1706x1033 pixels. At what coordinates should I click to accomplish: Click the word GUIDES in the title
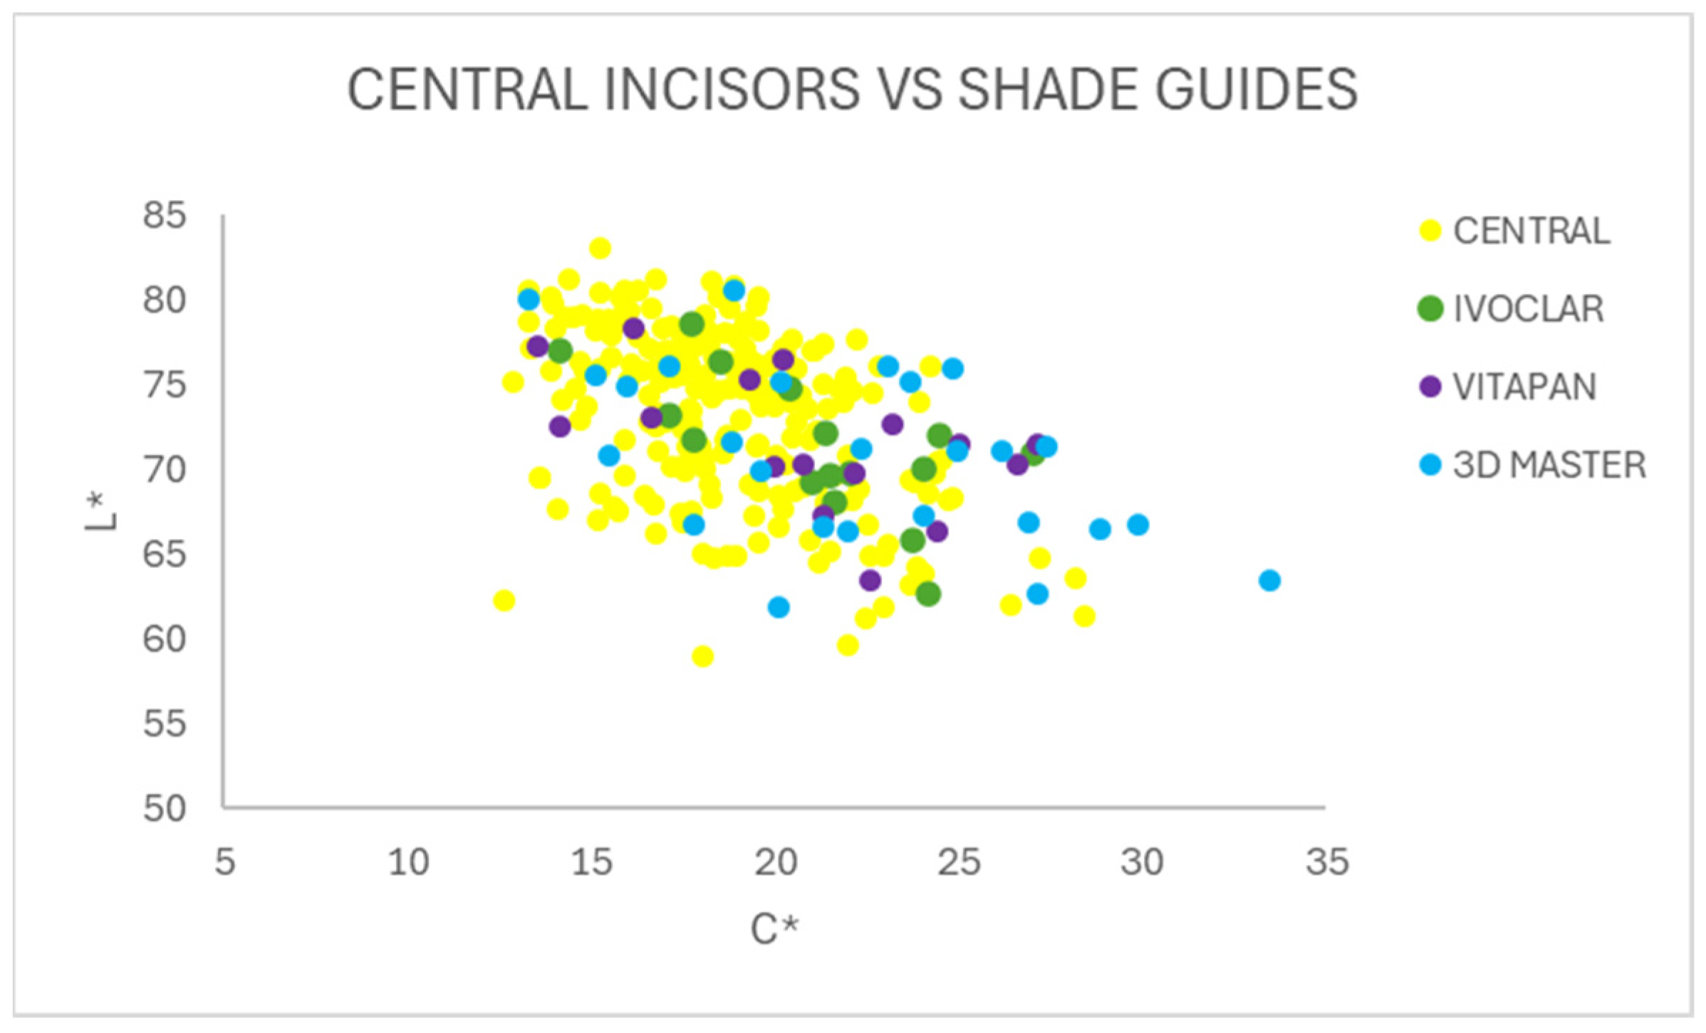pos(1256,89)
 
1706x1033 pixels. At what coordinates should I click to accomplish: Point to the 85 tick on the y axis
pos(165,215)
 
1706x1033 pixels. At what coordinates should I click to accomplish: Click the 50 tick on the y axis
pos(165,809)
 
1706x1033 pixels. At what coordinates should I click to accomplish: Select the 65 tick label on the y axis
pos(165,554)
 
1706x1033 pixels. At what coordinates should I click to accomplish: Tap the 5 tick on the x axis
pos(225,862)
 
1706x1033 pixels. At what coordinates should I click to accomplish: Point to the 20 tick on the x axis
pos(776,862)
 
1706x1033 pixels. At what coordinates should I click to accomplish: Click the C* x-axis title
pos(775,928)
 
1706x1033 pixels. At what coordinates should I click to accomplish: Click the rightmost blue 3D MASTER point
pos(1269,580)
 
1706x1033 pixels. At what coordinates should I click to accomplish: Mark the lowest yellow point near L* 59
pos(702,656)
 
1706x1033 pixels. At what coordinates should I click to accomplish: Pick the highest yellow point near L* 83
pos(600,248)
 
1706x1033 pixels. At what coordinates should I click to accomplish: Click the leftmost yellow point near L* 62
pos(504,600)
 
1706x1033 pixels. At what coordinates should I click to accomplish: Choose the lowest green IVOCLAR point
pos(927,594)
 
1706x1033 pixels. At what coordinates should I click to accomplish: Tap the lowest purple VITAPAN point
pos(870,580)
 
